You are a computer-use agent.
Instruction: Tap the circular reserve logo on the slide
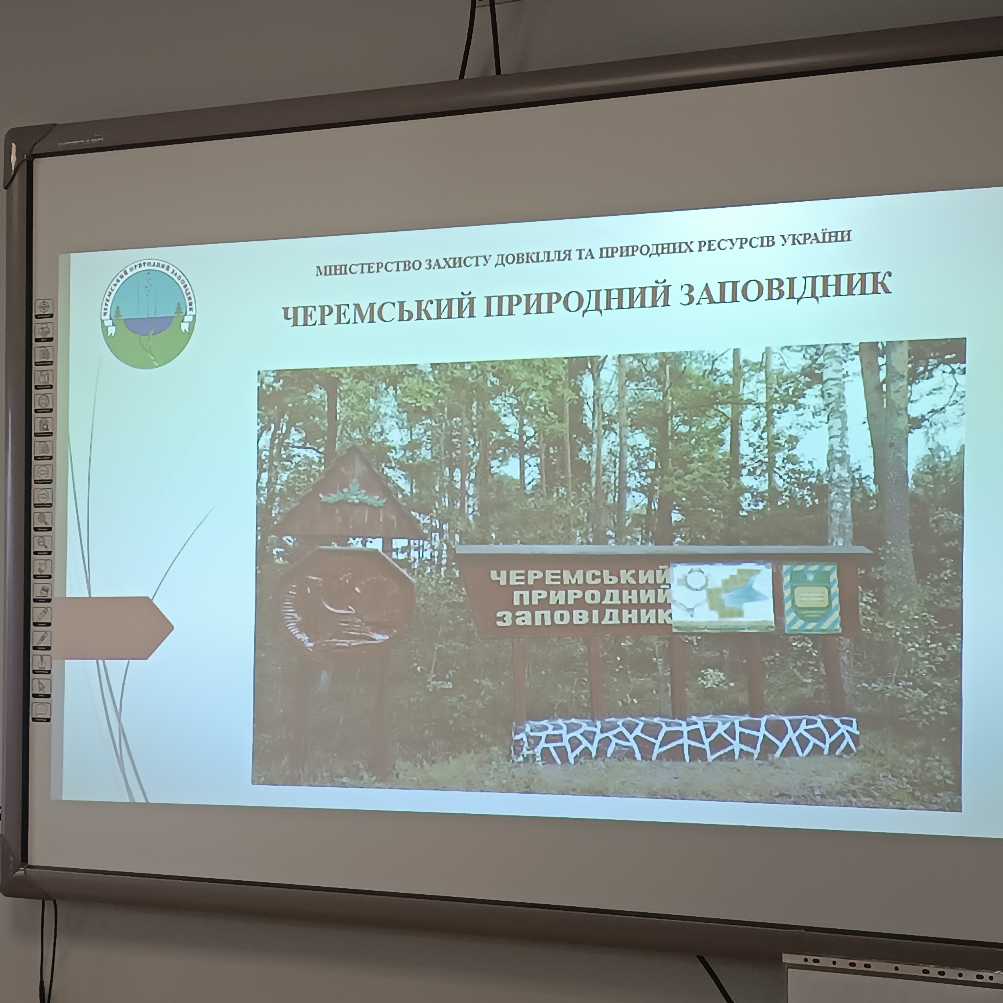coord(148,314)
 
